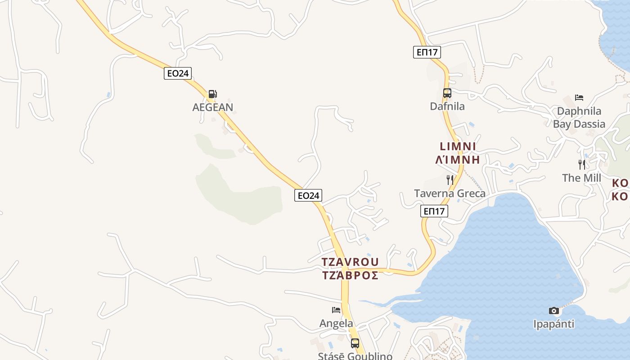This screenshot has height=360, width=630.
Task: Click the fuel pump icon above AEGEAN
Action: tap(212, 94)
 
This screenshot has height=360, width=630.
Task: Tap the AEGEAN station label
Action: tap(213, 107)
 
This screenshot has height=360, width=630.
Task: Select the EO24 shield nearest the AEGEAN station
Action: tap(178, 73)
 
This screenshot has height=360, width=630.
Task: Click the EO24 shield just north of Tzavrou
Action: tap(308, 195)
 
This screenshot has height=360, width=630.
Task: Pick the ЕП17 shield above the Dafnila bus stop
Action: tap(427, 52)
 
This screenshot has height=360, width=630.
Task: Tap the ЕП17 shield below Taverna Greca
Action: tap(434, 211)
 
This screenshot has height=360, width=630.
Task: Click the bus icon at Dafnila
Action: tap(447, 93)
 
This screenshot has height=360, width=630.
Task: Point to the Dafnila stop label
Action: tap(447, 107)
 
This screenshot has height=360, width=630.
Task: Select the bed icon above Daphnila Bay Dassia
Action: tap(579, 98)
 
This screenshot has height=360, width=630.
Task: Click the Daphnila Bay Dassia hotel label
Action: tap(579, 117)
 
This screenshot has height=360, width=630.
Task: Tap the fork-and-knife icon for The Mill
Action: tap(582, 165)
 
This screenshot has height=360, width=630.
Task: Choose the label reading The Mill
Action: tap(582, 178)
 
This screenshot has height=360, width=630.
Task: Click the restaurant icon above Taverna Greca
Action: tap(450, 180)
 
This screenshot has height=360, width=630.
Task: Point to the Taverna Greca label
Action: tap(450, 193)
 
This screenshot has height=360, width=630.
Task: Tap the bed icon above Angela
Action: tap(336, 310)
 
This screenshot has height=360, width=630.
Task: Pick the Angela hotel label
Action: tap(336, 323)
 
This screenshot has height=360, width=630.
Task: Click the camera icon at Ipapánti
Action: tap(554, 310)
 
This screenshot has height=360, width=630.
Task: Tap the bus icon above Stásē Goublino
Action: tap(355, 343)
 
